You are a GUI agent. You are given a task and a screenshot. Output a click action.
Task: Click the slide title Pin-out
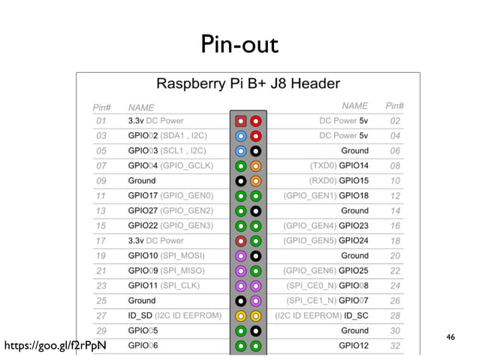point(239,44)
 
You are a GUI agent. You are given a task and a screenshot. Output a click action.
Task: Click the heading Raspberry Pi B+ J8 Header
point(247,83)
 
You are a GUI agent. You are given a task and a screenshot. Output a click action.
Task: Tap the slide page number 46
point(450,337)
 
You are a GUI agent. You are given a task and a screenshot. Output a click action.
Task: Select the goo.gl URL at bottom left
point(55,346)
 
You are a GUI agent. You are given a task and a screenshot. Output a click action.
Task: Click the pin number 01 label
point(101,120)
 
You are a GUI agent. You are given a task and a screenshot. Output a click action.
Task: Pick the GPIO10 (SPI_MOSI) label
point(170,256)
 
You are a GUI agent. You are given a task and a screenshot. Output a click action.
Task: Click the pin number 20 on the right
point(395,256)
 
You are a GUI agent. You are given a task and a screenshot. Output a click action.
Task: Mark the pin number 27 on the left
point(101,316)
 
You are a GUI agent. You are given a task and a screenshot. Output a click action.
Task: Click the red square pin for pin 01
point(241,120)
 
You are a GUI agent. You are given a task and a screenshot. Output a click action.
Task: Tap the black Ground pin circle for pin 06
point(256,150)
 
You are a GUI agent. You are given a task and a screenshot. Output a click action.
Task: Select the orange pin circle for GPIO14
point(256,165)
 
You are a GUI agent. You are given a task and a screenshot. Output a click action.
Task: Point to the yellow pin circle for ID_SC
point(256,316)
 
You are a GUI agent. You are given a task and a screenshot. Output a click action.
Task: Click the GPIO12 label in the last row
point(353,345)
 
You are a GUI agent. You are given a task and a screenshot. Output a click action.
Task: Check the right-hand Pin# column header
point(394,107)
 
